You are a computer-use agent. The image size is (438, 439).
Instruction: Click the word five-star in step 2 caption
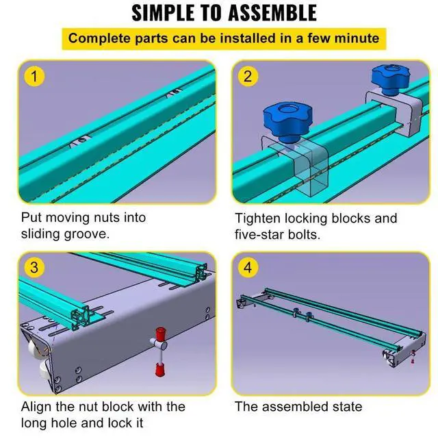click(x=263, y=234)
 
